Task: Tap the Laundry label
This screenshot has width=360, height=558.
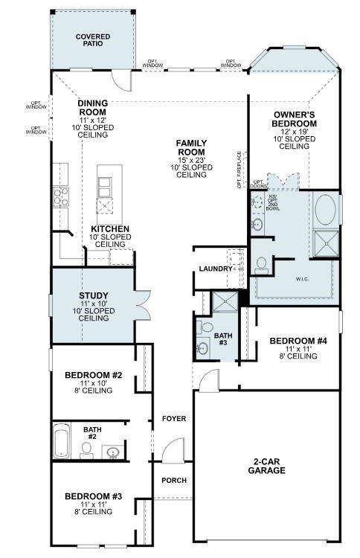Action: click(x=216, y=269)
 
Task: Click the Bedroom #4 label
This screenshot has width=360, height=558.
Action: click(x=298, y=341)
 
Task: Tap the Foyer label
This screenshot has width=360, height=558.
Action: click(x=173, y=419)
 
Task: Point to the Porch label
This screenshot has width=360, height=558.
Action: click(x=173, y=481)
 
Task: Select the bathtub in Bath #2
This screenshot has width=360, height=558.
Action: click(x=62, y=443)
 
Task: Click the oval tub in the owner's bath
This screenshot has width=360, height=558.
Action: click(x=326, y=210)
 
